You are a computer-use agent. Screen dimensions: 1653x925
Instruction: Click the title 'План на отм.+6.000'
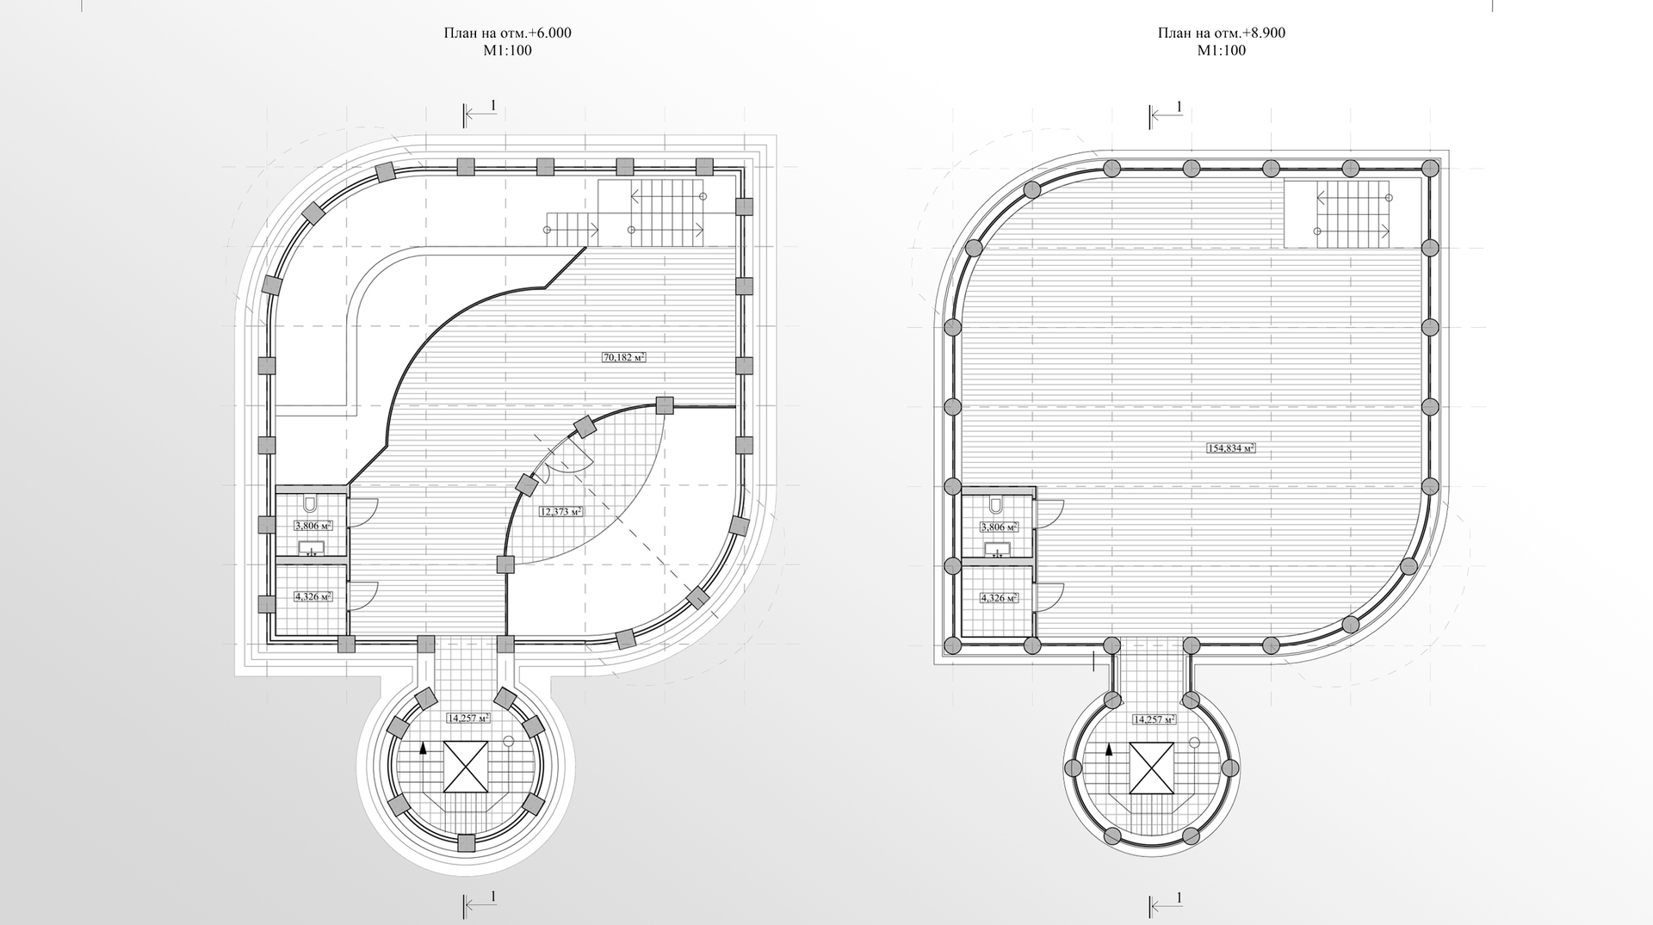click(x=507, y=34)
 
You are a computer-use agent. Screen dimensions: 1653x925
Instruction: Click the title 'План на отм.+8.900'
click(x=1221, y=34)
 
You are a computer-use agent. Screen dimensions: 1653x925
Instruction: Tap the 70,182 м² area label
click(x=624, y=356)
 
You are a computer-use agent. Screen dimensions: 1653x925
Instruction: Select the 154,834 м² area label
click(x=1230, y=447)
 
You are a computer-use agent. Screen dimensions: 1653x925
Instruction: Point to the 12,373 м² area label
click(x=560, y=511)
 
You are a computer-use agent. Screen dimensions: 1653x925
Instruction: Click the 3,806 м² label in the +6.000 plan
click(x=313, y=527)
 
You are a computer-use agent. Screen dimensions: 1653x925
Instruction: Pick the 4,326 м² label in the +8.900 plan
click(x=998, y=597)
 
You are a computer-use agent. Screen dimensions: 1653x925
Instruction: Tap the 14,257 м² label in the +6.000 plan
click(x=467, y=718)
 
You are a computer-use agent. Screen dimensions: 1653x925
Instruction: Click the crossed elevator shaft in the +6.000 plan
click(x=466, y=766)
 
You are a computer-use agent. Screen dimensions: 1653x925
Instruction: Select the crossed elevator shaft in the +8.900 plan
click(x=1152, y=768)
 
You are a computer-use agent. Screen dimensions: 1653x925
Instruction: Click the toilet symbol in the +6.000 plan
click(x=312, y=503)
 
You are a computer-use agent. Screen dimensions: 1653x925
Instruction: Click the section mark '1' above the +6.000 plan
click(x=492, y=105)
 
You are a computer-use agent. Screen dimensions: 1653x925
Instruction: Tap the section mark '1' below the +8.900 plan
click(x=1179, y=897)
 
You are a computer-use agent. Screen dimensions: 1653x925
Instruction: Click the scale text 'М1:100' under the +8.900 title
click(x=1221, y=51)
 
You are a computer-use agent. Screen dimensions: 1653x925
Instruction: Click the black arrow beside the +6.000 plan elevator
click(x=424, y=750)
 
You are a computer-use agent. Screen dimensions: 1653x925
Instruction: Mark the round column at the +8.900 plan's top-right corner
click(x=1430, y=167)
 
